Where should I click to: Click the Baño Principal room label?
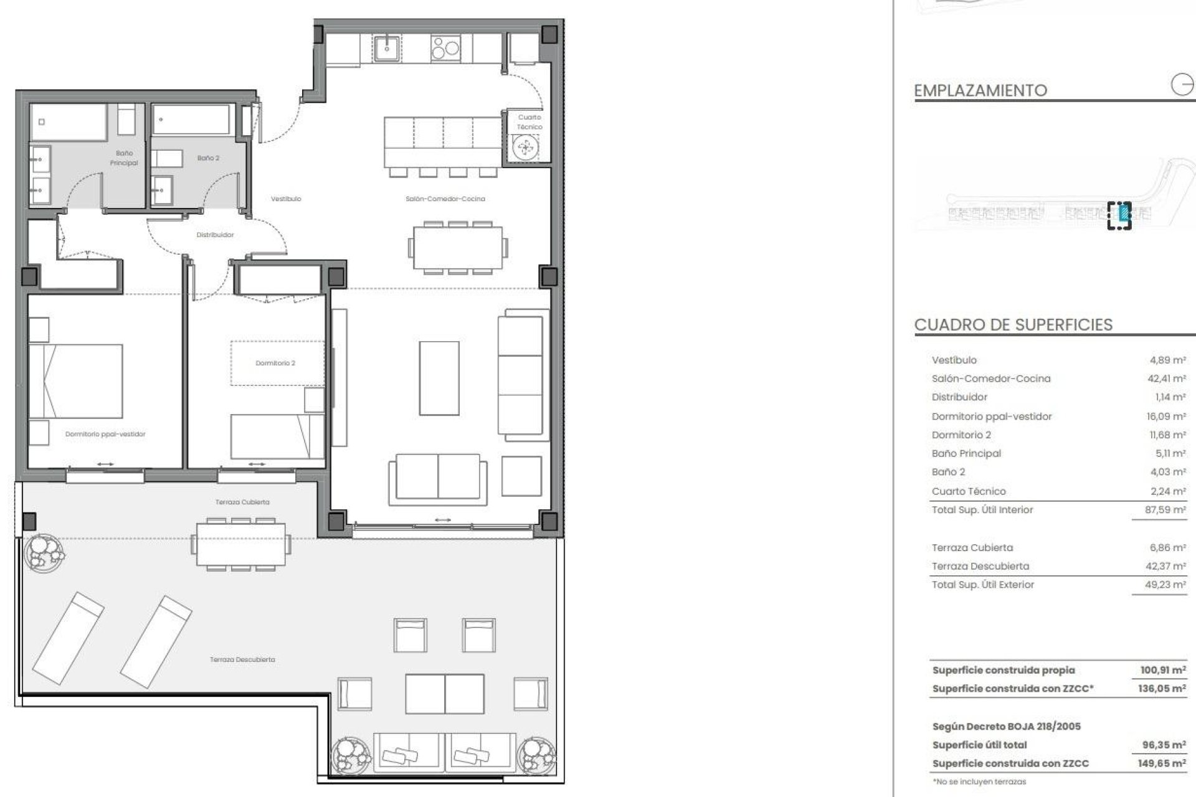[x=123, y=158]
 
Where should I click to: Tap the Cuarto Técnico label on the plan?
[x=529, y=122]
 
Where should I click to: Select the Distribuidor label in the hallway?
[x=215, y=235]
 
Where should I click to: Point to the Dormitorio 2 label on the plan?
[x=275, y=363]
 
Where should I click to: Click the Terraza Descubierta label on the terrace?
[x=242, y=659]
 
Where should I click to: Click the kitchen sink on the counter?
[x=387, y=47]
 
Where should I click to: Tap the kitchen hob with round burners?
[x=445, y=47]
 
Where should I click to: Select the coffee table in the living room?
[x=439, y=378]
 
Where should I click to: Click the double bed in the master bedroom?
[x=76, y=380]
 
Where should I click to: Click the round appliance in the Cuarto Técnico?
[x=523, y=148]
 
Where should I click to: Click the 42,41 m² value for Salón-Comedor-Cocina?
[x=1167, y=379]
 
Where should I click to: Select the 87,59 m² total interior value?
[x=1166, y=510]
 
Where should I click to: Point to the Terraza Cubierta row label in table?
[x=972, y=548]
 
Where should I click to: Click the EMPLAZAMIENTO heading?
[x=980, y=91]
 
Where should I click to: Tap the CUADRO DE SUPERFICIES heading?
[x=1013, y=325]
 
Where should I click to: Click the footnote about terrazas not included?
[x=979, y=781]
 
